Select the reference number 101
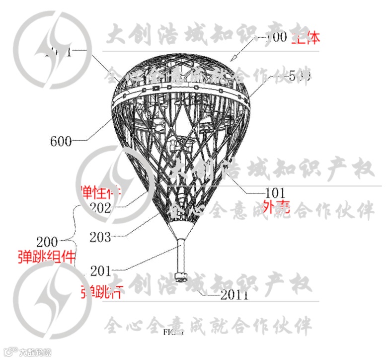pos(275,192)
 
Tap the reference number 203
pos(100,237)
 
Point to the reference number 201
pos(100,271)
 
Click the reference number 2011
pos(234,295)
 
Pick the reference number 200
pos(48,242)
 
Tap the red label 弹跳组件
pos(43,257)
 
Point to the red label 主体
pos(306,37)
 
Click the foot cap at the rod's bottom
pos(181,276)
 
